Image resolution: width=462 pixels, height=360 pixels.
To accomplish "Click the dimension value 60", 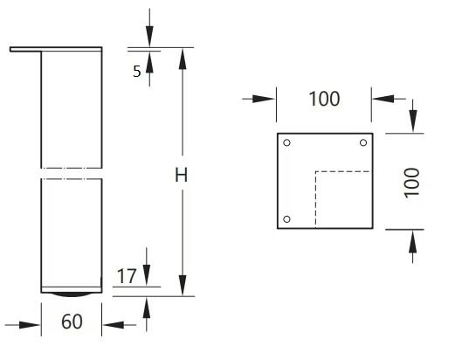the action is coord(72,322).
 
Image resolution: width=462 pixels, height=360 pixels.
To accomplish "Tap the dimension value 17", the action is coord(127,276).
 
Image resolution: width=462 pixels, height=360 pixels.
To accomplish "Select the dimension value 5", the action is coord(137,72).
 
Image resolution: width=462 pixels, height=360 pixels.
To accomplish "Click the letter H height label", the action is coord(181,175).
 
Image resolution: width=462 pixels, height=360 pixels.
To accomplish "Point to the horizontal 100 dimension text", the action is coord(324,99).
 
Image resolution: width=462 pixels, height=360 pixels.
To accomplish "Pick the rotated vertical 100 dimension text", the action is coord(411,183).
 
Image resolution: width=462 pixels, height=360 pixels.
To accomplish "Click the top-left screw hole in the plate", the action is coord(286,142).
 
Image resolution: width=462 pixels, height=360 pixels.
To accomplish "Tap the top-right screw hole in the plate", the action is coord(363,142).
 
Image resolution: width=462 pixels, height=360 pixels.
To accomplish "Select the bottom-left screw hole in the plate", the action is coord(286,219).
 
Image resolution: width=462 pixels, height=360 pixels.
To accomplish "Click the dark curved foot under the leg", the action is coord(72,294).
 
